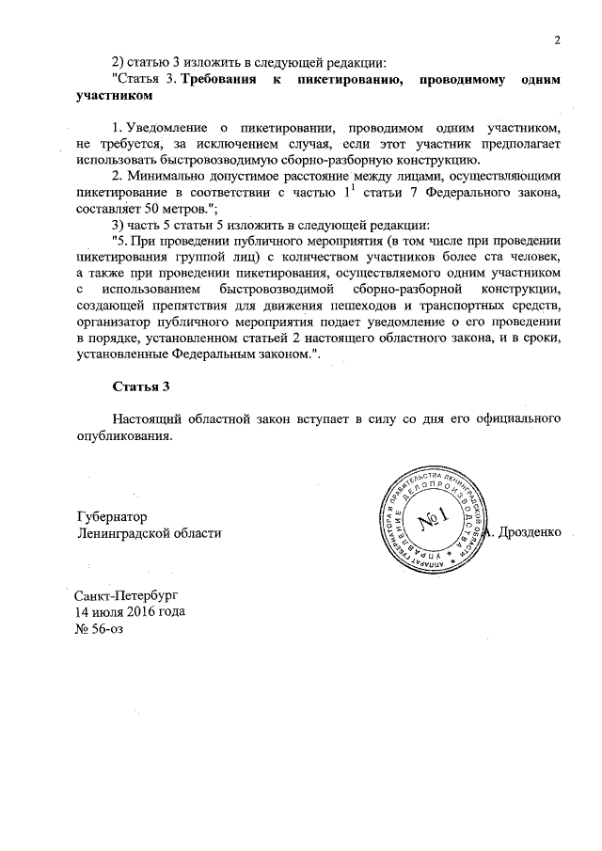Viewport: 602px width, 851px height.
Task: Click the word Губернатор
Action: (x=112, y=516)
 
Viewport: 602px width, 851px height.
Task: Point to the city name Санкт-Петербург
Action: (x=125, y=596)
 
